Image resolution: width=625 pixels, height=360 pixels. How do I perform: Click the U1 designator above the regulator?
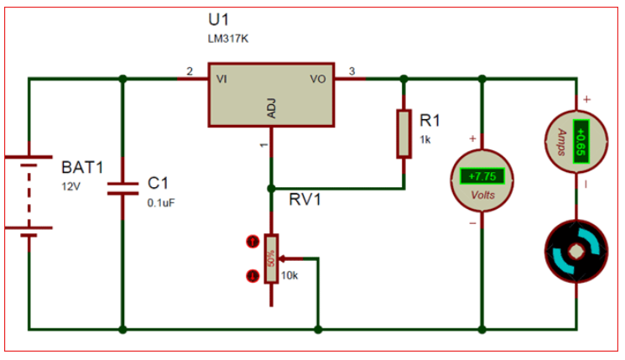pos(218,19)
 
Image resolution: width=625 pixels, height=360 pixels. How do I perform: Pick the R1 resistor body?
pos(404,133)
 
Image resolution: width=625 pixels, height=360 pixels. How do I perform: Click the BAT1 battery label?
pos(82,166)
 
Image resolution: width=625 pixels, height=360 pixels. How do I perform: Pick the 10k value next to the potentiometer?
pos(289,276)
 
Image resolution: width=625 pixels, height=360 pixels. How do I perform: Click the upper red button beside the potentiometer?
pos(250,243)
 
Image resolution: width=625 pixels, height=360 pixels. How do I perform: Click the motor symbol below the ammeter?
pos(576,252)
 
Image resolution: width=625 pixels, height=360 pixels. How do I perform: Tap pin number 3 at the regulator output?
pos(352,71)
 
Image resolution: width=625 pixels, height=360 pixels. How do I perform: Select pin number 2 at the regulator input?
pos(190,71)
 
